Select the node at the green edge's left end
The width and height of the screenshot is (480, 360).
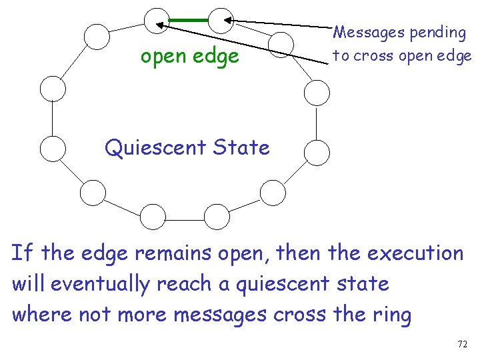coord(157,20)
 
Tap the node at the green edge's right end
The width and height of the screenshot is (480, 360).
coord(219,20)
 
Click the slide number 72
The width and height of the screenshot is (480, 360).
coord(462,344)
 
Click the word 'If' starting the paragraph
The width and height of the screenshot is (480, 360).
coord(21,253)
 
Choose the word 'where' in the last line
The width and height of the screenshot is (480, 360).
coord(41,314)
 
